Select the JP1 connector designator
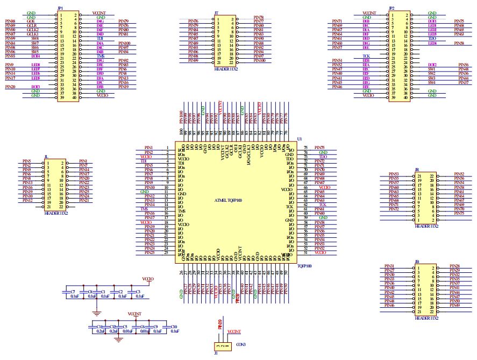pyautogui.click(x=60, y=8)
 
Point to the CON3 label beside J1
pyautogui.click(x=240, y=344)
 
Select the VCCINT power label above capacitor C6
pyautogui.click(x=135, y=313)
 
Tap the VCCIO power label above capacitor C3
pyautogui.click(x=148, y=279)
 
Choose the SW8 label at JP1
pyautogui.click(x=35, y=39)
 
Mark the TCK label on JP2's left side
pyautogui.click(x=366, y=56)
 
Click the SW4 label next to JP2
pyautogui.click(x=431, y=82)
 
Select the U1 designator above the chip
pyautogui.click(x=300, y=138)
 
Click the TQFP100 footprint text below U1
pyautogui.click(x=304, y=265)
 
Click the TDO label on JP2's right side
pyautogui.click(x=432, y=39)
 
